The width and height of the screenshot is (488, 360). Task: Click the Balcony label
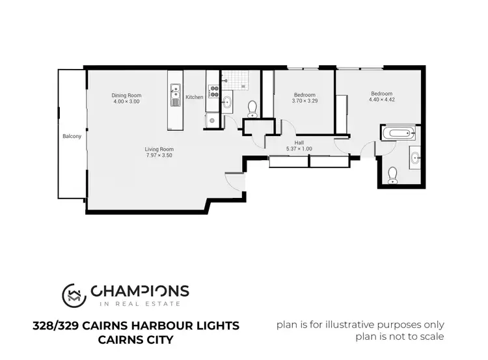coord(72,136)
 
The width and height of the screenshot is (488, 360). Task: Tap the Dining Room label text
coord(126,96)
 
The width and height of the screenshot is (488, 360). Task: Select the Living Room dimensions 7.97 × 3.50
coord(159,156)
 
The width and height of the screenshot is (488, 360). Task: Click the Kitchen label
coord(195,97)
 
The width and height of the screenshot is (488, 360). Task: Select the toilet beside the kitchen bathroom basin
coord(252,109)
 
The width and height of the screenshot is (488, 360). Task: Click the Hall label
coord(299,143)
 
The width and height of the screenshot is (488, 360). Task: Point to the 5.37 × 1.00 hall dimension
coord(299,149)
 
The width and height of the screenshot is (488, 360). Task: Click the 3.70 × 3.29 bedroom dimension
coord(305,101)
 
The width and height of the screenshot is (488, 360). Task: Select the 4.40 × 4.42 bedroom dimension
coord(382,100)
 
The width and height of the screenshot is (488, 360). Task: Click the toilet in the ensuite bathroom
coord(392,174)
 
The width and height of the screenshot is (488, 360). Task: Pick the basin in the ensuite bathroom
coord(415,156)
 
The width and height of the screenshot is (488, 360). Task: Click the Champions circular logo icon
coord(74,294)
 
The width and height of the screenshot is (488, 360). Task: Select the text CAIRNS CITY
coord(135,339)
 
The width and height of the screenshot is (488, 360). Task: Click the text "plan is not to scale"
coord(400,337)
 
